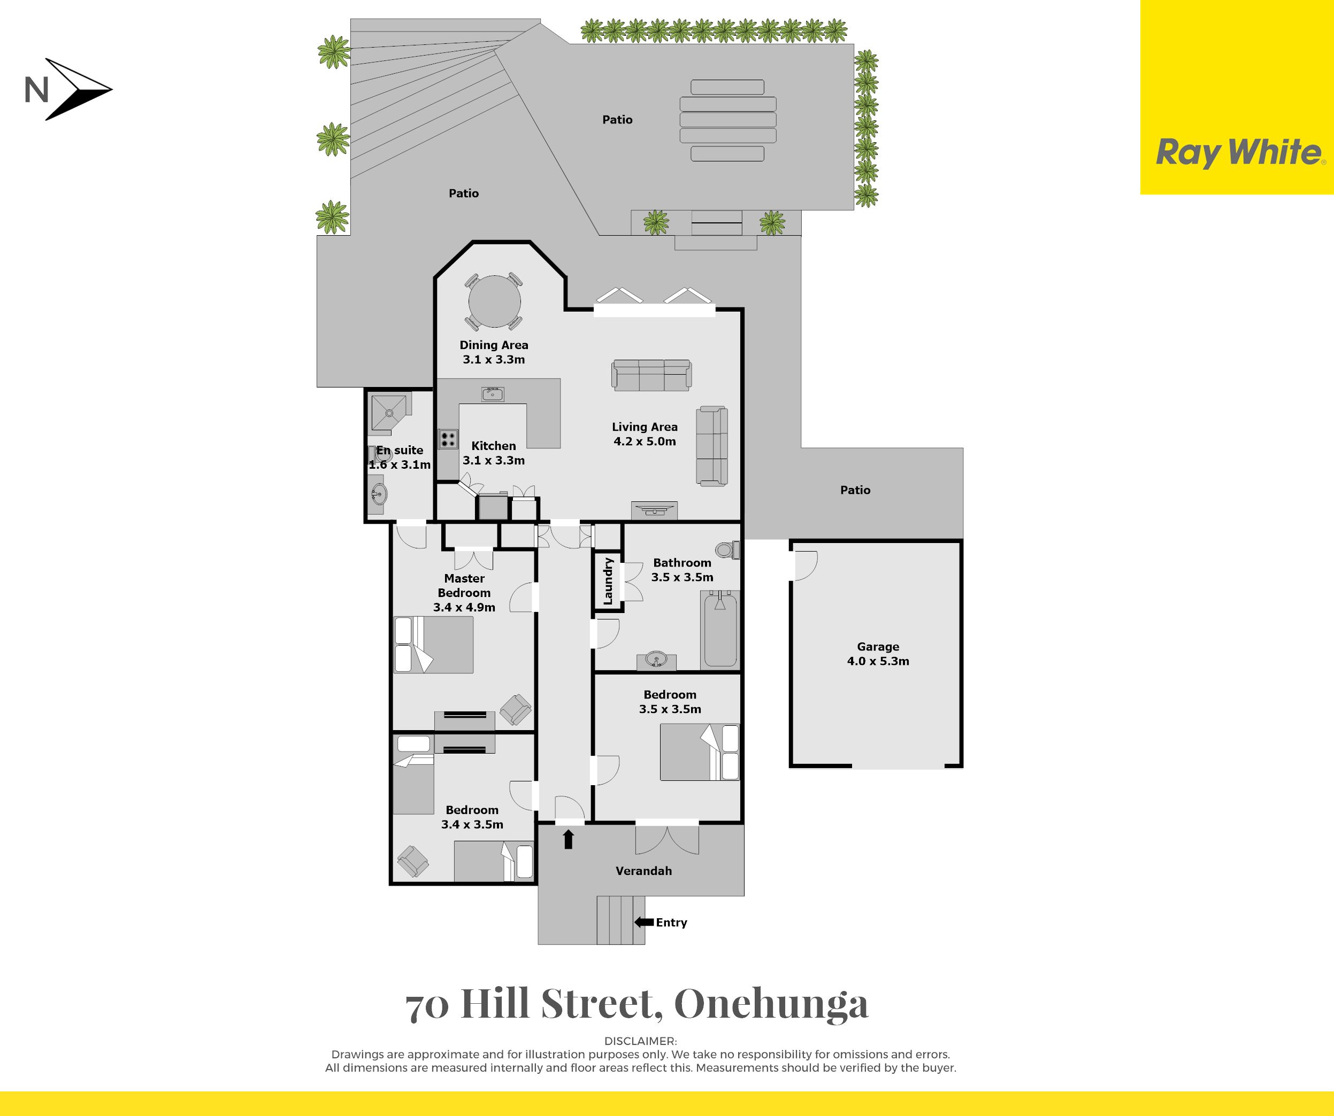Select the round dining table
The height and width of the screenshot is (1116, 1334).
[x=494, y=301]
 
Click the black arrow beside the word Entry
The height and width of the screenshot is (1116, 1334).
[x=644, y=922]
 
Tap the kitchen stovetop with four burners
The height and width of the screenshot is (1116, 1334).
[x=448, y=439]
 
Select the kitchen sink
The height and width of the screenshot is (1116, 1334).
[x=492, y=394]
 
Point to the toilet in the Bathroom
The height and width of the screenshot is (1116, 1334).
[x=727, y=549]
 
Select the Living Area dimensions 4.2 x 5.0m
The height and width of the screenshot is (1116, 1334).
[x=644, y=441]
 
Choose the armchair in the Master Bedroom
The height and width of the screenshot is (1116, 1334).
[x=516, y=710]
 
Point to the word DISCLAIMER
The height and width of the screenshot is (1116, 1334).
[x=640, y=1041]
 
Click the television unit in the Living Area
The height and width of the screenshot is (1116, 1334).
[x=654, y=510]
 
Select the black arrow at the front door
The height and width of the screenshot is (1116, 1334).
[x=569, y=840]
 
